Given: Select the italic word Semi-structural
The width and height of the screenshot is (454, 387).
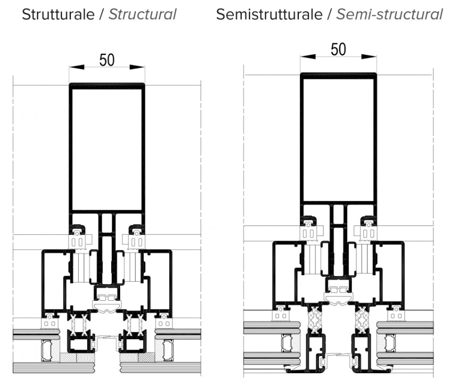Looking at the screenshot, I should click(389, 15).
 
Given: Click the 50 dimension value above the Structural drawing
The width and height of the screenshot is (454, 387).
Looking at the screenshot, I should click(107, 60).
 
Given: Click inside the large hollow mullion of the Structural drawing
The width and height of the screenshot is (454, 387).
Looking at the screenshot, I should click(107, 148).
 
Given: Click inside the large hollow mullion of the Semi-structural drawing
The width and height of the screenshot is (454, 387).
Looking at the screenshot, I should click(338, 138).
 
